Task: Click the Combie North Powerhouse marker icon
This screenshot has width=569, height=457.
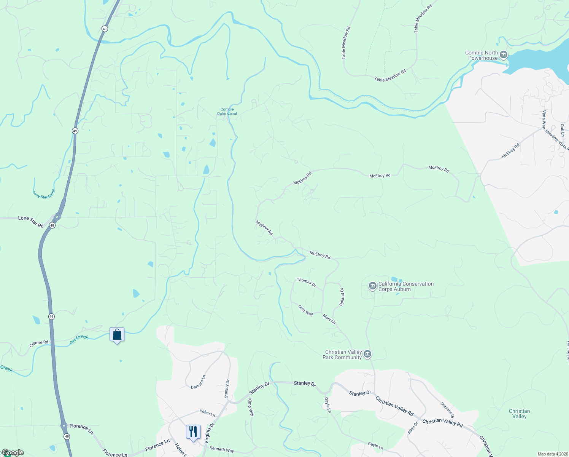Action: (x=504, y=55)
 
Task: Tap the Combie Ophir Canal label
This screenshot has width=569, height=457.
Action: (x=227, y=111)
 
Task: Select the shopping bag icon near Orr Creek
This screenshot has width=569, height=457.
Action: (x=117, y=335)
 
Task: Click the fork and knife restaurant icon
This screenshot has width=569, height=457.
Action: (x=193, y=432)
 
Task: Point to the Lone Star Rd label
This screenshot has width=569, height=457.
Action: (x=31, y=221)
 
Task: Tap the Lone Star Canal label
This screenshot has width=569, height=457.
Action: (x=44, y=194)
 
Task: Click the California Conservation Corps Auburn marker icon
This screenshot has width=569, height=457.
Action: (x=373, y=286)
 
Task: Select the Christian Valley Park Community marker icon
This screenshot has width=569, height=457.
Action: (x=367, y=355)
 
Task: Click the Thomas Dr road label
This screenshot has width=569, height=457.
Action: (x=306, y=282)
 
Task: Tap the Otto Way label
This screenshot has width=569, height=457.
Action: (x=305, y=310)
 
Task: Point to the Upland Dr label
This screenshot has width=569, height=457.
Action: (x=342, y=297)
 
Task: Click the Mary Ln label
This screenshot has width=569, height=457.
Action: (x=329, y=319)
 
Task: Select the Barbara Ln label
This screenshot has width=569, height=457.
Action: (x=198, y=382)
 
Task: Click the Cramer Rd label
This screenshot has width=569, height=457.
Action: (x=39, y=344)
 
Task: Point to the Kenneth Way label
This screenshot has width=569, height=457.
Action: (x=222, y=450)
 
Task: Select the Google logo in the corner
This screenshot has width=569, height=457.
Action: (x=13, y=452)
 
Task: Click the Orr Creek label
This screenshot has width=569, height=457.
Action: (x=79, y=339)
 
